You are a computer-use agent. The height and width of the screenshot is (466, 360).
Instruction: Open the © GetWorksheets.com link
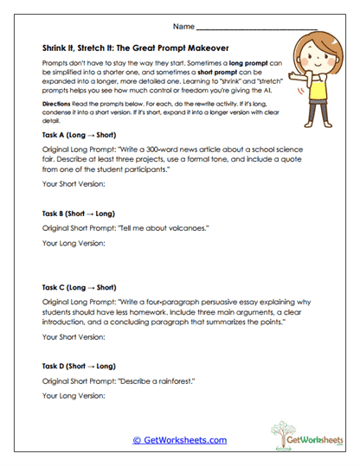(x=179, y=440)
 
